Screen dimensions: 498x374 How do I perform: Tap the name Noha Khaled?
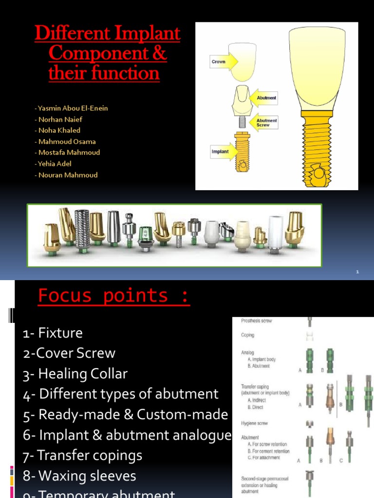tap(58, 130)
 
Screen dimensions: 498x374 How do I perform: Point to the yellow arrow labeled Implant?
tap(224, 151)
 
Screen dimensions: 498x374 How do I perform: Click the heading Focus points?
tap(113, 296)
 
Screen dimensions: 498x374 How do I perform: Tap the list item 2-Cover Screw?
tap(69, 354)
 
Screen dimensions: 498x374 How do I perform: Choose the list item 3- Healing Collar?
tap(75, 374)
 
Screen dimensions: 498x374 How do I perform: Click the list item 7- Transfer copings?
tap(82, 456)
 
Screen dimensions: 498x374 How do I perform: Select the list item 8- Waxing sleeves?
tap(79, 476)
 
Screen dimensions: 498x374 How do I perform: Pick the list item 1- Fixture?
tap(53, 333)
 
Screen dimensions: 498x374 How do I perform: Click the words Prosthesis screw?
tap(256, 321)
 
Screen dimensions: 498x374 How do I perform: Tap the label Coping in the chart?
tap(248, 335)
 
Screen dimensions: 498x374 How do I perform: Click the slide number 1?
tap(357, 272)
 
